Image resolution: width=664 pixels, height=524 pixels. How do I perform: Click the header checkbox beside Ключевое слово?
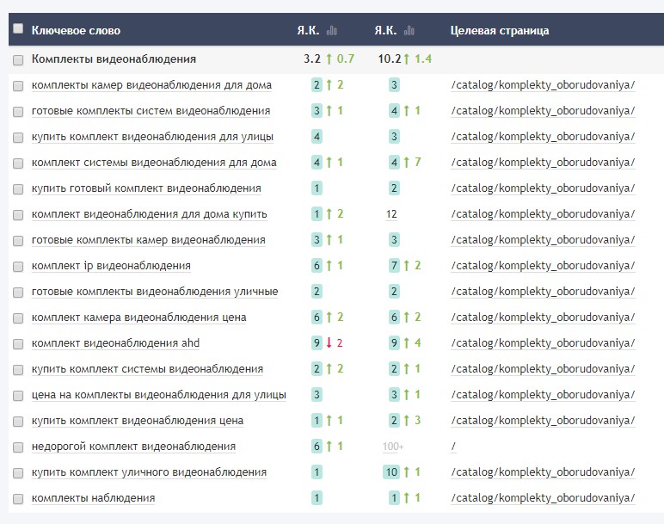[x=18, y=29]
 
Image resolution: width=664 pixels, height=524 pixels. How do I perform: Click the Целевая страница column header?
[x=499, y=31]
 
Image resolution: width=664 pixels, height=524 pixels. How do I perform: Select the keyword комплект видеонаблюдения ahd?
[x=115, y=343]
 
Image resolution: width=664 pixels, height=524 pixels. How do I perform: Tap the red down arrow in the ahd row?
[x=328, y=343]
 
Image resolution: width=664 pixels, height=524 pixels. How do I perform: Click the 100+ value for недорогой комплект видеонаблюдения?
[x=393, y=447]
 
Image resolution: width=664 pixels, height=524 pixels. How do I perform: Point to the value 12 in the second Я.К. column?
[x=392, y=214]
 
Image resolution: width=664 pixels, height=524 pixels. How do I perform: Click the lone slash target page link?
[x=452, y=447]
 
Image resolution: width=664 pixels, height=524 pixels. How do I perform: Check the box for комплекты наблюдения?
[x=18, y=498]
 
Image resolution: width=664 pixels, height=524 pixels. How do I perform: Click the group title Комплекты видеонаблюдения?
[x=114, y=59]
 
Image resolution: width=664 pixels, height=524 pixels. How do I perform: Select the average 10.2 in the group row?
[x=390, y=59]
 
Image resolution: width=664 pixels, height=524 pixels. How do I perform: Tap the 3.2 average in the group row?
[x=312, y=59]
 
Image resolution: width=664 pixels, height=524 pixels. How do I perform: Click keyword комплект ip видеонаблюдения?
[x=111, y=266]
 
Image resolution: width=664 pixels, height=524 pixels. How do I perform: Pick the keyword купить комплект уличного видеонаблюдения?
[x=149, y=472]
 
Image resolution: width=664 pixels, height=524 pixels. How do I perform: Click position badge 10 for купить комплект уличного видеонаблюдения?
[x=392, y=472]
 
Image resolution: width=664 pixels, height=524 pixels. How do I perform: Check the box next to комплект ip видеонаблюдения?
[x=18, y=266]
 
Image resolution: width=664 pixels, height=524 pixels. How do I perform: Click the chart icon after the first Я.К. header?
[x=332, y=31]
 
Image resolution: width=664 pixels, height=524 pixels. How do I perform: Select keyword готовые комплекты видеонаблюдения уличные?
[x=155, y=292]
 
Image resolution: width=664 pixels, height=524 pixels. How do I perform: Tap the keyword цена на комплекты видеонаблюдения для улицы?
[x=158, y=395]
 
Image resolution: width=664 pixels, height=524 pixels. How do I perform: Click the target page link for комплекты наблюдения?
[x=542, y=498]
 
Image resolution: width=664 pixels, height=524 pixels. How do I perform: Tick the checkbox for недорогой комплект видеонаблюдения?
[x=18, y=447]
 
